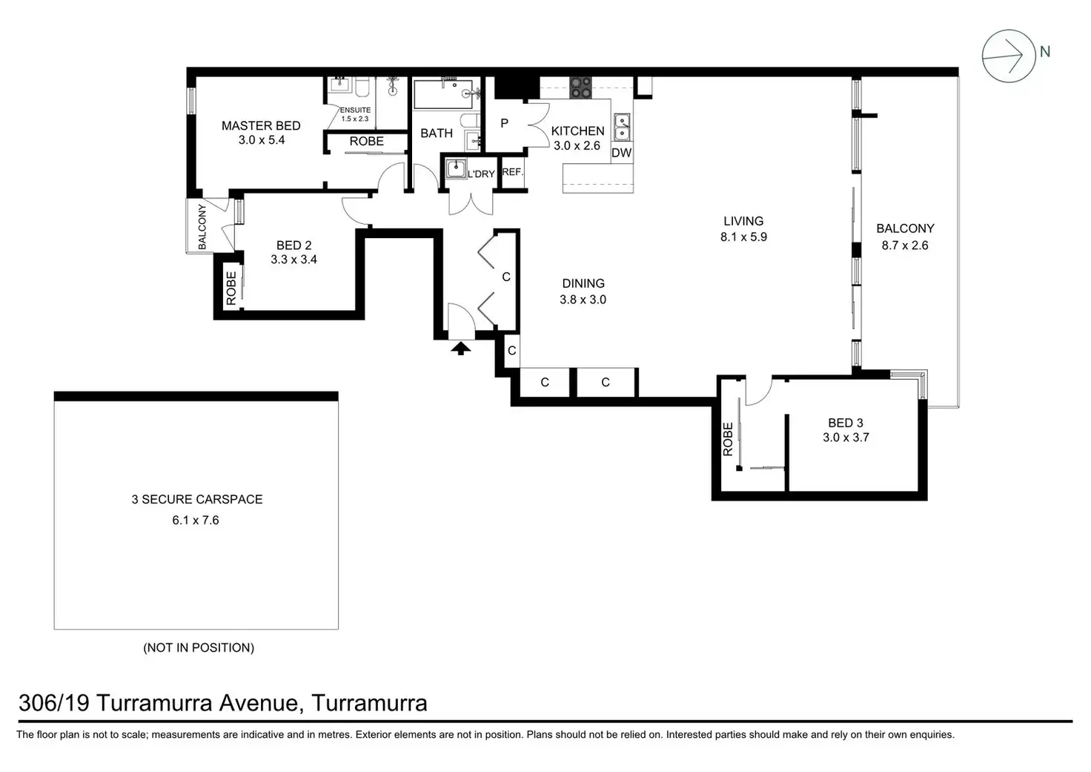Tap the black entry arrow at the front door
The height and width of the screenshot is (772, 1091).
[460, 349]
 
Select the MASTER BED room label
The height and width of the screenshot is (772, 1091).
[261, 126]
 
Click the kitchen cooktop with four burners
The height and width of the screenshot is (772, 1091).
[580, 88]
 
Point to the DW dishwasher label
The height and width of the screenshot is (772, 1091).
[622, 153]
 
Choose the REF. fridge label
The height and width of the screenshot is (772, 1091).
[512, 172]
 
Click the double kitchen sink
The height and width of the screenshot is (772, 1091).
[622, 128]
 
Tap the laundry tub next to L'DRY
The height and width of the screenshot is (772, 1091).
[456, 169]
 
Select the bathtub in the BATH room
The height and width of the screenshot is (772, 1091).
[442, 94]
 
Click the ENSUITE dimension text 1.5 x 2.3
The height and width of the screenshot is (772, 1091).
[355, 119]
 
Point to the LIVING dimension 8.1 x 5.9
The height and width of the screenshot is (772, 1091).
[743, 237]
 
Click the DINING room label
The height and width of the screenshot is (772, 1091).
[583, 283]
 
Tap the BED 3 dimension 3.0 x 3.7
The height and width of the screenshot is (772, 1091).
[846, 438]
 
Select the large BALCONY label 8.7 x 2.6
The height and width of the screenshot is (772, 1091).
[905, 237]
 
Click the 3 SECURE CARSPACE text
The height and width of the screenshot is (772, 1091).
[196, 500]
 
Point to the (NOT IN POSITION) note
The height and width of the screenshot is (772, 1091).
[199, 647]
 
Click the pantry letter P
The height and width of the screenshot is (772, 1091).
[505, 123]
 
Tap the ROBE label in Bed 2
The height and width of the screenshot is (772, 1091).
[231, 288]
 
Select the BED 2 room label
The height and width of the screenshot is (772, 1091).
[294, 245]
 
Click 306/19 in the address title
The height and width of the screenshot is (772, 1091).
[54, 703]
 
